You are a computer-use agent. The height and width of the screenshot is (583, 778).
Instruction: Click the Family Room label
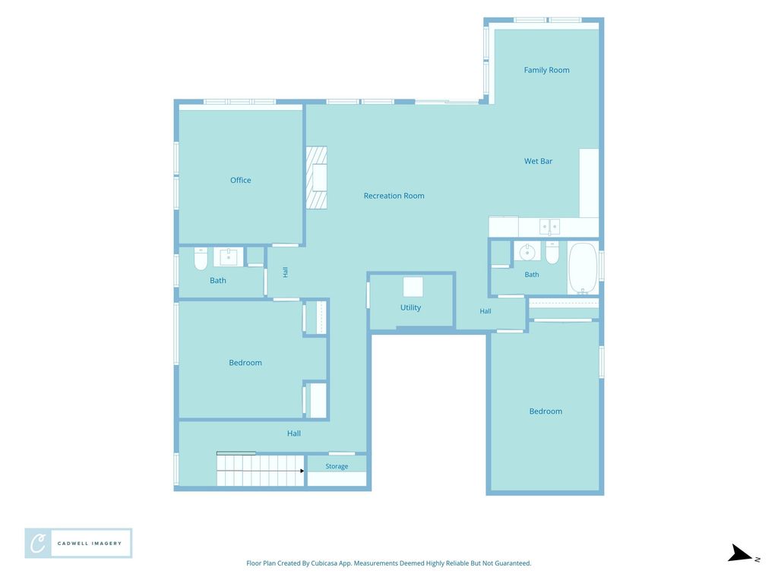pos(546,70)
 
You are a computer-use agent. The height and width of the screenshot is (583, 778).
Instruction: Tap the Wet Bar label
pos(539,161)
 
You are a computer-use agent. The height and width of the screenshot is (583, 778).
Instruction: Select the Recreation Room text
pos(394,196)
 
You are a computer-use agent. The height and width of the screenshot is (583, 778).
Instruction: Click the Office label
pos(241,180)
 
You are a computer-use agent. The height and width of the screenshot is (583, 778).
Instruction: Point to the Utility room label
pos(410,307)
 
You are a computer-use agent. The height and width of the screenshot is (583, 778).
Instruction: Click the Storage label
pos(337,466)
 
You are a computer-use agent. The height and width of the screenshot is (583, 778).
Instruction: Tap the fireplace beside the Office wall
pos(317,178)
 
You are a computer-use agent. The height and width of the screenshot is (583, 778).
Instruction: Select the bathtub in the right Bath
pos(583,268)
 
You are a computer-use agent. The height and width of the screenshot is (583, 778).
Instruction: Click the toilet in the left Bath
pos(201,258)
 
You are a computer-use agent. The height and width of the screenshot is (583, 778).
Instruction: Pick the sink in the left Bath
pos(229,257)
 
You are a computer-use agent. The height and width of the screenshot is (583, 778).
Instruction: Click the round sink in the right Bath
pos(527,252)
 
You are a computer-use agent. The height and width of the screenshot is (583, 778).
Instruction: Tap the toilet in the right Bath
pos(552,252)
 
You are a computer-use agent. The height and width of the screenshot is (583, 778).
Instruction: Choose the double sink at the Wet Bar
pos(550,226)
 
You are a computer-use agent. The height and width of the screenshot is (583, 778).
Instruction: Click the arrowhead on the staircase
pos(302,471)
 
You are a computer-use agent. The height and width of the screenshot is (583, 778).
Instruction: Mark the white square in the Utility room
pos(413,287)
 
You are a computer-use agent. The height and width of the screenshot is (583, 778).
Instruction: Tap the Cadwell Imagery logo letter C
pos(38,544)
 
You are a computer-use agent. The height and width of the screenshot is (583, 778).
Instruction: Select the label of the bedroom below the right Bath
pos(546,411)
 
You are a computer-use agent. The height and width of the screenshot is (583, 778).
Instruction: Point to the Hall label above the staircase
pos(294,433)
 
